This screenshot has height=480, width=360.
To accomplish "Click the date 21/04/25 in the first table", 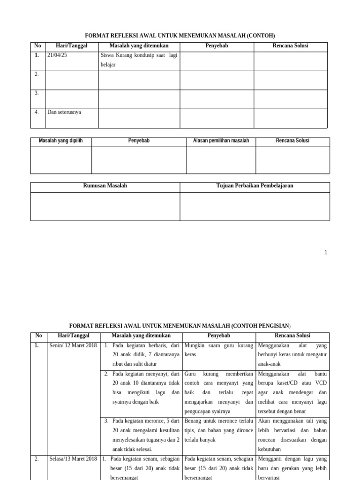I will pos(58,55).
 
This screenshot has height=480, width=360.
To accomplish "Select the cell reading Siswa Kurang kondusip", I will pos(139,60).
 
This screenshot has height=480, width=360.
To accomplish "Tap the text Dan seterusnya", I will pos(64,112).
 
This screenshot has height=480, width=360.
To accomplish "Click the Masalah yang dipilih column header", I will pos(61,141).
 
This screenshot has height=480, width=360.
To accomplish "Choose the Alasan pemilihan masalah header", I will pos(221,141).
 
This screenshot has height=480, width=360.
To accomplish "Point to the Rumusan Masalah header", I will pos(105,186).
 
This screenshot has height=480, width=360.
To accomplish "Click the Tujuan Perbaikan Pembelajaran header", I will pos(255,186).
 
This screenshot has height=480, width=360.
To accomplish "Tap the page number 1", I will pos(325,253).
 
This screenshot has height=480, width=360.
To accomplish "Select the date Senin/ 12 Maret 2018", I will pos(73,345).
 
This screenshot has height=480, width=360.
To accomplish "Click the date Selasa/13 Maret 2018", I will pos(73,458).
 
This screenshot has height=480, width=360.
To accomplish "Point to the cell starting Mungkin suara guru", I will pos(219,350).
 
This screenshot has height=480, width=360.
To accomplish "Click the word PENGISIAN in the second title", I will pos(265,325).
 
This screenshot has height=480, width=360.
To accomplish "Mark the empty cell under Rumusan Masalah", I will pos(105,206).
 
